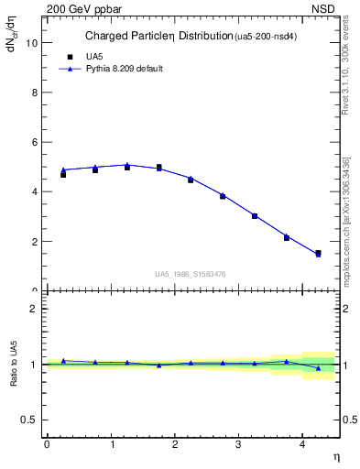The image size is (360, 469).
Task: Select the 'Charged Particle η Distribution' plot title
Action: (x=158, y=37)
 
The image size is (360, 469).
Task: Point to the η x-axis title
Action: (x=336, y=457)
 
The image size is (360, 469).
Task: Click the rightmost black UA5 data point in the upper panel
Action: (x=318, y=253)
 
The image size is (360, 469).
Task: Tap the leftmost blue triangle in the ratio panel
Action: (x=63, y=361)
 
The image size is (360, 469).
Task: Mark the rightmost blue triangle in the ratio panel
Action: (x=318, y=368)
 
